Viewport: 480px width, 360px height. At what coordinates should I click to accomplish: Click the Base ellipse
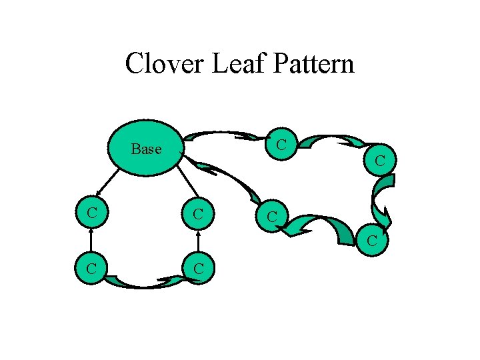coord(146,148)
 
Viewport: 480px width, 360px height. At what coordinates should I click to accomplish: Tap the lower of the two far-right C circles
coord(372,239)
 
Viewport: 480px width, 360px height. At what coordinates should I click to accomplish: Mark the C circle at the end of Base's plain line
coord(199,213)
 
